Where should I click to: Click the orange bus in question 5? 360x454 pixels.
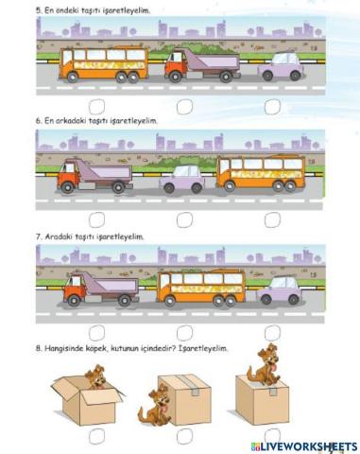click(104, 66)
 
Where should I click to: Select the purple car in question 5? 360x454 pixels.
click(283, 67)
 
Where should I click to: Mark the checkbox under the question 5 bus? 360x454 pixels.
click(96, 107)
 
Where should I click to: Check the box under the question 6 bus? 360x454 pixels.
click(272, 219)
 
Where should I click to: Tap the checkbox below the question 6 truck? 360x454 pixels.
click(96, 219)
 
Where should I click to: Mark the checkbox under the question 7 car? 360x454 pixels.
click(272, 331)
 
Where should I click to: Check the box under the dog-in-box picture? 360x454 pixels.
click(96, 437)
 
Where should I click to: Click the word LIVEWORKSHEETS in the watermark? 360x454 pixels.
click(309, 445)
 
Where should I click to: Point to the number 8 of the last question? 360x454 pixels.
click(37, 348)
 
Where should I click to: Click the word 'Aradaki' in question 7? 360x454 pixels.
click(60, 236)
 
